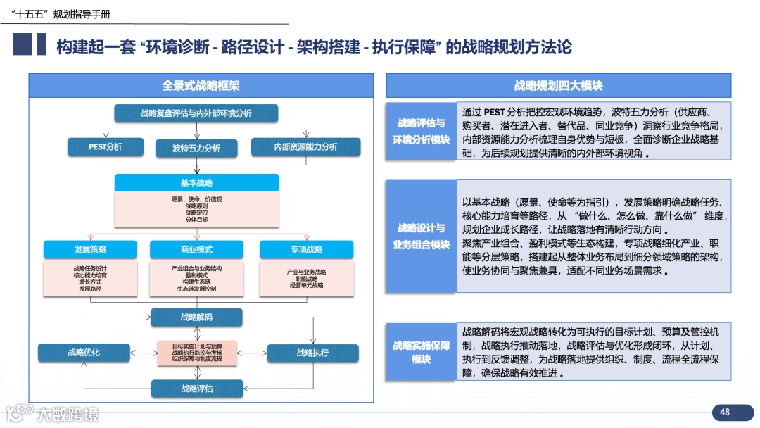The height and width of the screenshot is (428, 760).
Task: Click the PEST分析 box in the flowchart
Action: click(x=106, y=147)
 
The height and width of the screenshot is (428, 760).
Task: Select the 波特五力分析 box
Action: click(x=196, y=148)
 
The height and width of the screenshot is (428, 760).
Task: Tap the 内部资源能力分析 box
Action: click(x=305, y=147)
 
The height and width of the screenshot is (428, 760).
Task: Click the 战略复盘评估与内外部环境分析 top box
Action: click(x=196, y=113)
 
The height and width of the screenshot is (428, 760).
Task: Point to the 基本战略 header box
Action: click(x=196, y=183)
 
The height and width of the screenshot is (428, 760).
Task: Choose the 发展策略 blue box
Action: click(x=90, y=250)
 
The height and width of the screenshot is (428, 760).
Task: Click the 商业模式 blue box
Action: click(x=196, y=250)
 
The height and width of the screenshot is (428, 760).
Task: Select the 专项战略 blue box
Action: click(x=306, y=250)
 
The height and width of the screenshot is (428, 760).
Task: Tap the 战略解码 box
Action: click(x=196, y=317)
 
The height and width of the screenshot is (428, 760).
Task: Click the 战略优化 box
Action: click(x=84, y=353)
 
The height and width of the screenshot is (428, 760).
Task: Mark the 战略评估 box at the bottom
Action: click(x=196, y=388)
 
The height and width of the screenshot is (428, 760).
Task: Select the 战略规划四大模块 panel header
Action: click(x=559, y=86)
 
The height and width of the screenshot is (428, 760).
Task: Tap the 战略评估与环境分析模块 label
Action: click(x=421, y=132)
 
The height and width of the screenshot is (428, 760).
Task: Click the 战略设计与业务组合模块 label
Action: click(x=421, y=237)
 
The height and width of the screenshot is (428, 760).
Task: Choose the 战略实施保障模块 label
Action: click(x=421, y=352)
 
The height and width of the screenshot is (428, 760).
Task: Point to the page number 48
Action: click(x=725, y=413)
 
